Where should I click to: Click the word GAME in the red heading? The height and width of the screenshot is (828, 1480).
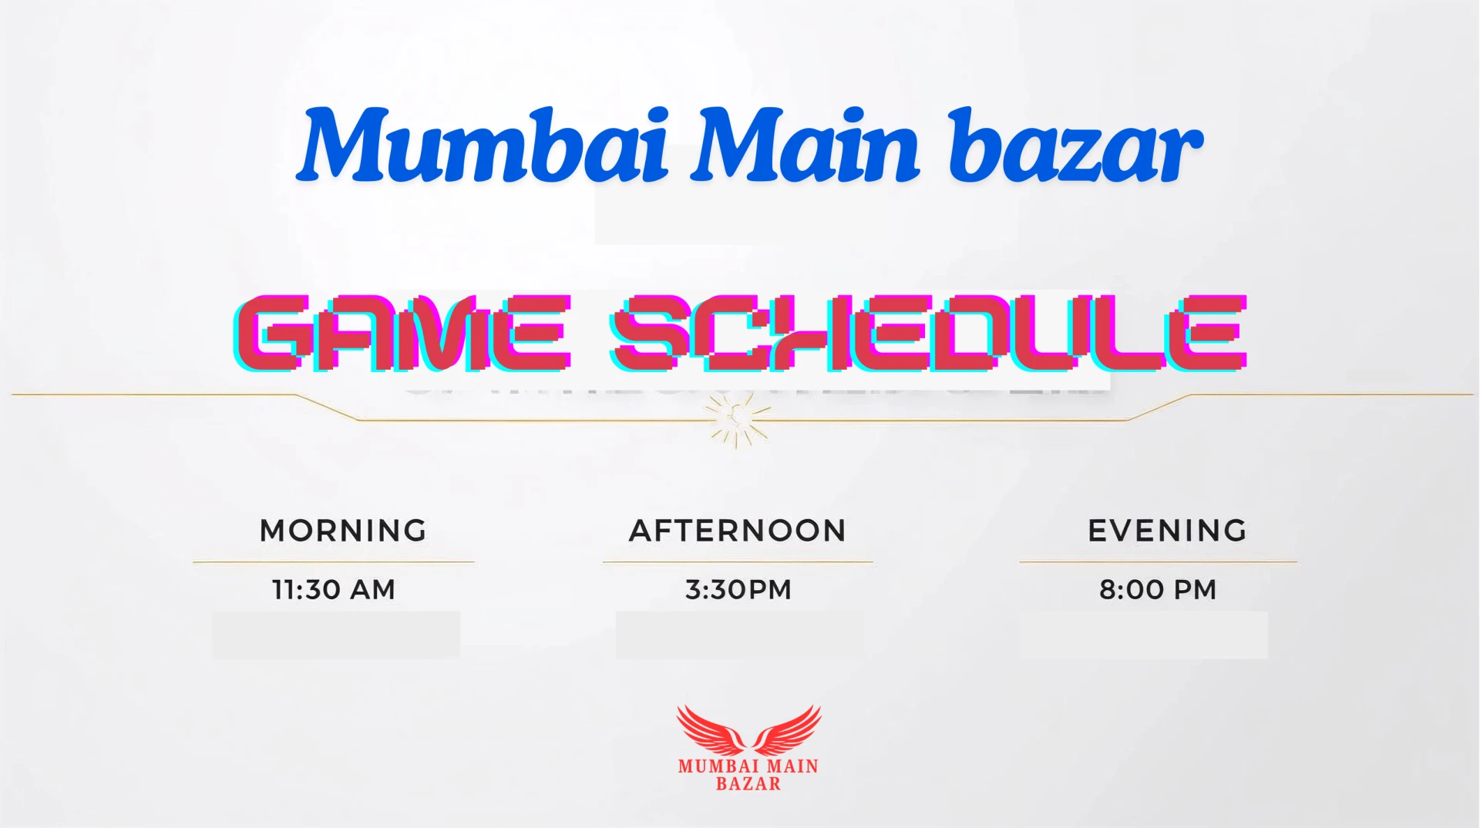pyautogui.click(x=402, y=333)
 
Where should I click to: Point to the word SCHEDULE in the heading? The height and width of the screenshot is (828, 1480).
pyautogui.click(x=928, y=333)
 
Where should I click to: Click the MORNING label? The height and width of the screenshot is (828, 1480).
pyautogui.click(x=343, y=531)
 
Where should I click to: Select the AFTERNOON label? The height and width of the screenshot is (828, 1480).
pyautogui.click(x=738, y=531)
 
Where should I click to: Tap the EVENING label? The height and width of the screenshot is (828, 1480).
pyautogui.click(x=1167, y=531)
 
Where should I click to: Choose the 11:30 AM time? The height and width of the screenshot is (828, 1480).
pyautogui.click(x=334, y=590)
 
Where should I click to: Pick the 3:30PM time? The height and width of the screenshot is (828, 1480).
pyautogui.click(x=738, y=590)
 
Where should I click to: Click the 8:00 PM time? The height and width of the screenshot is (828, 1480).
pyautogui.click(x=1158, y=590)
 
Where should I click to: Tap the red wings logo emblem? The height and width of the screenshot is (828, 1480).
pyautogui.click(x=748, y=730)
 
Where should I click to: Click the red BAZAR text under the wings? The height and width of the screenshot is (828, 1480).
pyautogui.click(x=748, y=784)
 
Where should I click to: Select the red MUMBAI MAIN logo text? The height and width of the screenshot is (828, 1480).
pyautogui.click(x=748, y=766)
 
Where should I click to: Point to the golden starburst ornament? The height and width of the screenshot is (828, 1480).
pyautogui.click(x=738, y=420)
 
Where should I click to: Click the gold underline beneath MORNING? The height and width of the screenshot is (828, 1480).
pyautogui.click(x=333, y=562)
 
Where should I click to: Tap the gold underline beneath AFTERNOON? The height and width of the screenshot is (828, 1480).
pyautogui.click(x=738, y=562)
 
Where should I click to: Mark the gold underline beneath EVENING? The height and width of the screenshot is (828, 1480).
pyautogui.click(x=1159, y=562)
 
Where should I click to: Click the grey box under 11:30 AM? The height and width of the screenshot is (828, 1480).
pyautogui.click(x=336, y=635)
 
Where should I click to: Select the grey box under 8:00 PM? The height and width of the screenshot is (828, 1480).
pyautogui.click(x=1144, y=635)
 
